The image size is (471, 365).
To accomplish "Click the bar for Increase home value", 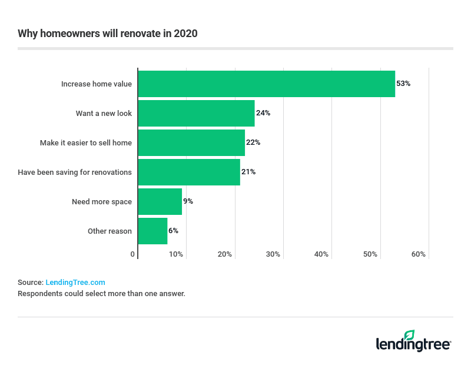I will tap(266, 84).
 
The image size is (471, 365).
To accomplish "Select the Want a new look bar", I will tap(196, 113).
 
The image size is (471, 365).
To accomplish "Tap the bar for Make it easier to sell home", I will tap(191, 142).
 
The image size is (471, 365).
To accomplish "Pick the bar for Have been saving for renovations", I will tap(189, 172).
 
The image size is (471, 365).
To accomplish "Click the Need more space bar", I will tap(160, 201).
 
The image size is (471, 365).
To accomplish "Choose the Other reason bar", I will tap(152, 231).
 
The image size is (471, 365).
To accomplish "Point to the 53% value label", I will tap(403, 84).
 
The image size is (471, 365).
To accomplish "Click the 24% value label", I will tap(263, 113).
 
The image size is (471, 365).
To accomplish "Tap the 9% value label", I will tap(188, 201).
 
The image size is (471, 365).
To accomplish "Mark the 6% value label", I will tap(173, 231).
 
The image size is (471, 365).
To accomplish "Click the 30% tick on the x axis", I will tap(273, 254).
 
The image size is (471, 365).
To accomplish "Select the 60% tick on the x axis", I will tap(418, 254).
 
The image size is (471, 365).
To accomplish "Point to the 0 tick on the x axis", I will tap(133, 254).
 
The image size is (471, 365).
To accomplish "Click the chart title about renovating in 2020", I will tap(108, 34).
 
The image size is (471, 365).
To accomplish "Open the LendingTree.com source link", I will tap(75, 283).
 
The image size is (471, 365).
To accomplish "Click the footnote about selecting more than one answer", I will tap(101, 293).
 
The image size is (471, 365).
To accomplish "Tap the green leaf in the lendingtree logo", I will tap(410, 334).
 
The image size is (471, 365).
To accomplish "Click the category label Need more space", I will tap(102, 201).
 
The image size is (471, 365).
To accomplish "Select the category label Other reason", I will tap(110, 231).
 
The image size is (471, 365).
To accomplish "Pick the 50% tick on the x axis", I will tap(370, 254).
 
